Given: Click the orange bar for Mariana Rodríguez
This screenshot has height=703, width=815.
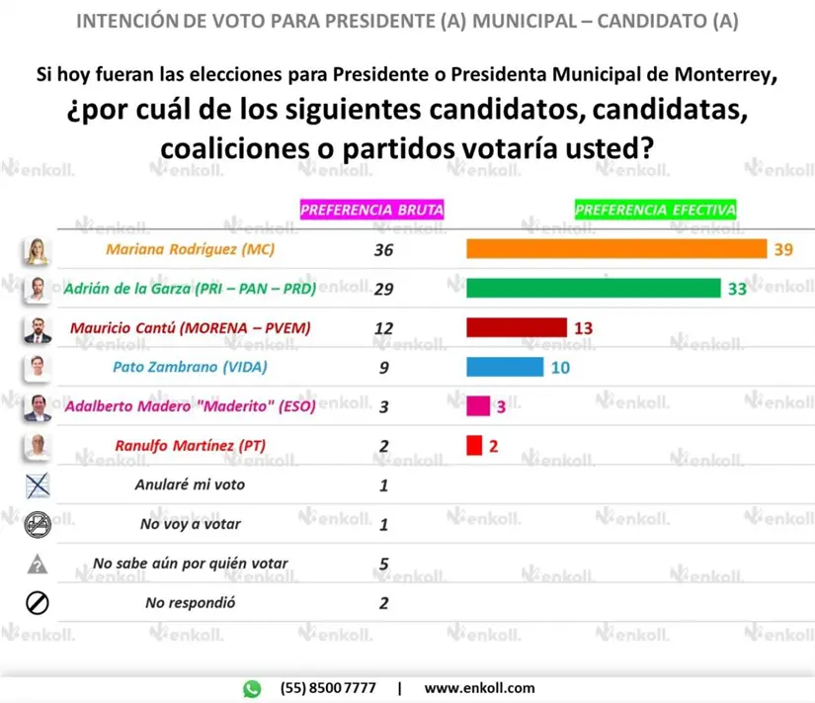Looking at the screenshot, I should pos(615,248).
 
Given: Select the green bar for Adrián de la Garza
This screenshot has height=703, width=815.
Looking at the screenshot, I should pos(593,288).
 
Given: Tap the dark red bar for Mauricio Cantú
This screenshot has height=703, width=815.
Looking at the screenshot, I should pos(516,327).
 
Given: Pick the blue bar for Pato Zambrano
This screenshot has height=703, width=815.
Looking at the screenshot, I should pos(504,367).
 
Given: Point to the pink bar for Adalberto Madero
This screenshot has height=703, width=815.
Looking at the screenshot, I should pos(478,405).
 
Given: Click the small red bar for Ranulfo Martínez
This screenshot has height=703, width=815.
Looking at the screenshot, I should pos(474,445).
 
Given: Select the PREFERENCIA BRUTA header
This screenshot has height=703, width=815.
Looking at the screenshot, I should pos(371,210).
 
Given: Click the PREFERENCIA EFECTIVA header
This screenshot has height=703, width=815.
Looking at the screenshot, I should pos(655,210).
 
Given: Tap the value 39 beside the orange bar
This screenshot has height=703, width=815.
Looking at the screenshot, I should pos(783,249).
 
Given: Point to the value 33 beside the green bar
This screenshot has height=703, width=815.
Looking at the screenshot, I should pos(737,289).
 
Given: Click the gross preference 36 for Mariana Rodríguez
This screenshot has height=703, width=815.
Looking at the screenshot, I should pos(383,250).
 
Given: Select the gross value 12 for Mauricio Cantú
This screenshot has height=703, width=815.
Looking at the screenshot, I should pos(383,328).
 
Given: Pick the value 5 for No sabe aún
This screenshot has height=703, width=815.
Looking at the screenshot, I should pos(383,564).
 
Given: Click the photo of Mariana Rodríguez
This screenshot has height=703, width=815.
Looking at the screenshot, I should pos(37,251).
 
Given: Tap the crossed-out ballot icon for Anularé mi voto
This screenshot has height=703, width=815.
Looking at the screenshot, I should pos(37,484).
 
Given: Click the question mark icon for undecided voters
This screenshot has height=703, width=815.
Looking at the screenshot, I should pos(37,564).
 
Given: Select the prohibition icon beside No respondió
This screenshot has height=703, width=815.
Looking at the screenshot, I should pos(37,602).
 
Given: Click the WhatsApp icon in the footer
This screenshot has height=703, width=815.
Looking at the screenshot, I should pos(253,688).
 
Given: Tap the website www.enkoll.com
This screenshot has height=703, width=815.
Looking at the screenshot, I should pos(479,688).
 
